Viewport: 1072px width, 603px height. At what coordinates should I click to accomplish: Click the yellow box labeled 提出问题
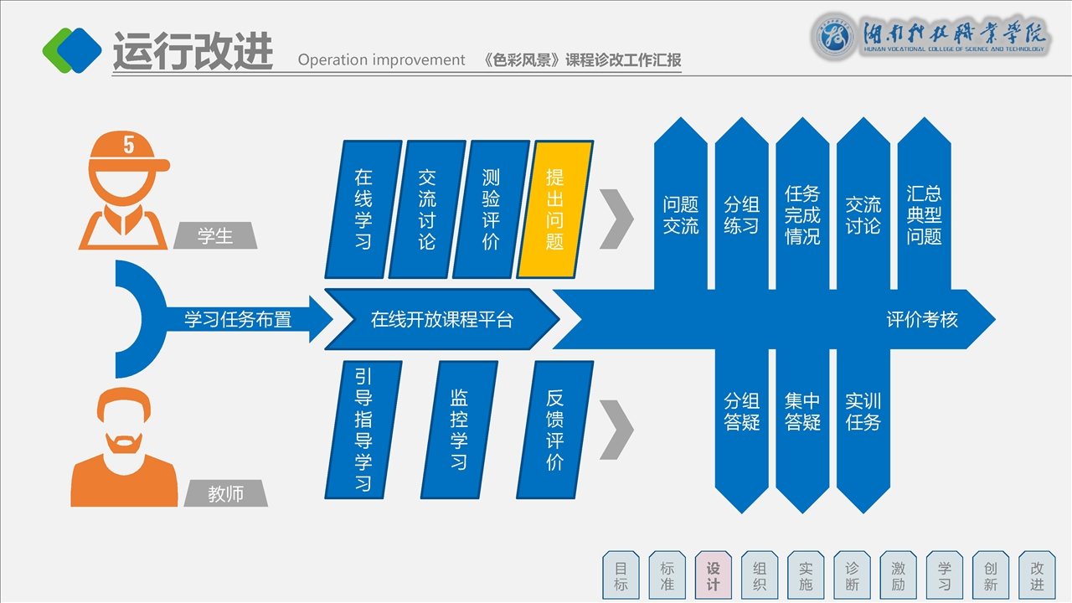pos(555,209)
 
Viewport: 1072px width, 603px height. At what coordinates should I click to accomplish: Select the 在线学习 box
pos(363,209)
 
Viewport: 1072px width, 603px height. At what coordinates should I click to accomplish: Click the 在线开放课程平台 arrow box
pos(441,319)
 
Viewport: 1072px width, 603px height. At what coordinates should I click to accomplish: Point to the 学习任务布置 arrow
pos(238,319)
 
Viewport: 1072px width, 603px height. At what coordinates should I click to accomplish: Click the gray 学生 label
pos(215,236)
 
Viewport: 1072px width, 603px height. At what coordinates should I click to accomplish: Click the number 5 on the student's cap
pos(128,145)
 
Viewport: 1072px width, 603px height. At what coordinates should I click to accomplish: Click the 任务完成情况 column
pos(802,214)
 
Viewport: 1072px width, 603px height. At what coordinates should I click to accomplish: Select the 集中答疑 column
pos(802,412)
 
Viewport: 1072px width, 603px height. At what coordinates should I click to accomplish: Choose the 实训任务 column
pos(863,412)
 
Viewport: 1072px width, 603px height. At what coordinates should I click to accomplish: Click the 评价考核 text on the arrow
pos(922,319)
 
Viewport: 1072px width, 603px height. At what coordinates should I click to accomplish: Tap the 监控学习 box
pos(459,429)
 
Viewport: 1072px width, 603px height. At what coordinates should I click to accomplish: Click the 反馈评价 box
pos(554,429)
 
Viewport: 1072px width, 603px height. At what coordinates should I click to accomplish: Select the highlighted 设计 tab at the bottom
pos(714,575)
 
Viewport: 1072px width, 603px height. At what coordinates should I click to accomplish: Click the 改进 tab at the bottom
pos(1037,575)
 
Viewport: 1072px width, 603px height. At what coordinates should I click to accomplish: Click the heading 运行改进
pos(193,52)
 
